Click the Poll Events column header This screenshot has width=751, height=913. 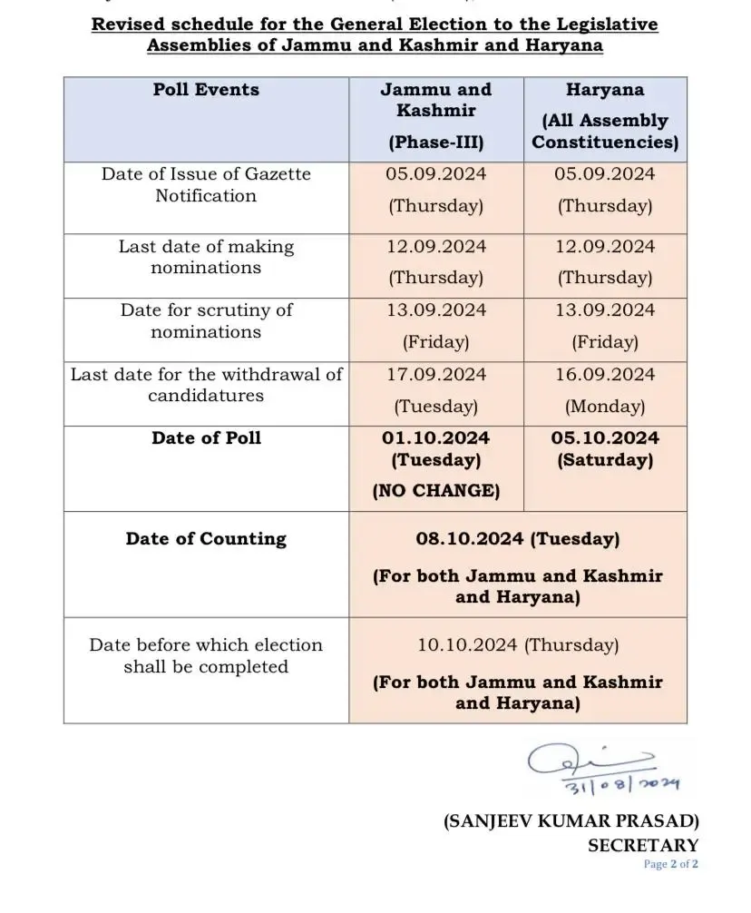click(206, 90)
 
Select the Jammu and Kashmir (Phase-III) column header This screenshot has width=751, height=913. click(435, 115)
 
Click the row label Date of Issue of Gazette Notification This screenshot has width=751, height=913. click(206, 185)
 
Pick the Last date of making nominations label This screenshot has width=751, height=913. click(206, 257)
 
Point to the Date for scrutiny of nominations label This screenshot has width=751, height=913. click(206, 320)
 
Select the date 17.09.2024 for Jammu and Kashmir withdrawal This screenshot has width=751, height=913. click(436, 374)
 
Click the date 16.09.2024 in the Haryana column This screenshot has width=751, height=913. click(605, 374)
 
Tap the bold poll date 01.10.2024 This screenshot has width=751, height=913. click(436, 438)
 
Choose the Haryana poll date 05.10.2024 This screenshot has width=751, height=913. click(605, 438)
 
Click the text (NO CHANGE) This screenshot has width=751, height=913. click(436, 491)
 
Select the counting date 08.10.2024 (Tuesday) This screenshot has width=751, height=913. click(518, 539)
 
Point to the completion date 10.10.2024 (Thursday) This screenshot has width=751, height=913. click(518, 645)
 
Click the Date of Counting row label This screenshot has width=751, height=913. click(206, 539)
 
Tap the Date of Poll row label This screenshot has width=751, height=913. click(206, 438)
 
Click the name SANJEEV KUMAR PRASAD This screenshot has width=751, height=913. click(571, 822)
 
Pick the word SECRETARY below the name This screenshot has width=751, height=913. click(643, 846)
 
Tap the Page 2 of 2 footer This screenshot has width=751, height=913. click(671, 865)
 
